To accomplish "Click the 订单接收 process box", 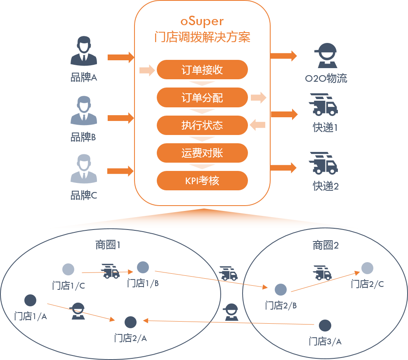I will [202, 70].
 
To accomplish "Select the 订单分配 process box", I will [202, 98].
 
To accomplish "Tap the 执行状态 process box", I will [202, 125].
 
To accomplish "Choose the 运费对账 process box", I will [202, 153].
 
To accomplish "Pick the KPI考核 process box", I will [202, 181].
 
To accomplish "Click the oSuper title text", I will [202, 21].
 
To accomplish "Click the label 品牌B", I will [83, 137].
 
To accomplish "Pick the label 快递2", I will [325, 186].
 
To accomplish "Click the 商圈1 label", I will [108, 245].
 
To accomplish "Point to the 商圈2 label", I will [325, 246].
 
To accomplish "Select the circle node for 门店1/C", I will [68, 270].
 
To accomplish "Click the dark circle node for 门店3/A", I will [325, 326].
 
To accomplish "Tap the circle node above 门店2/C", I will [367, 268].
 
